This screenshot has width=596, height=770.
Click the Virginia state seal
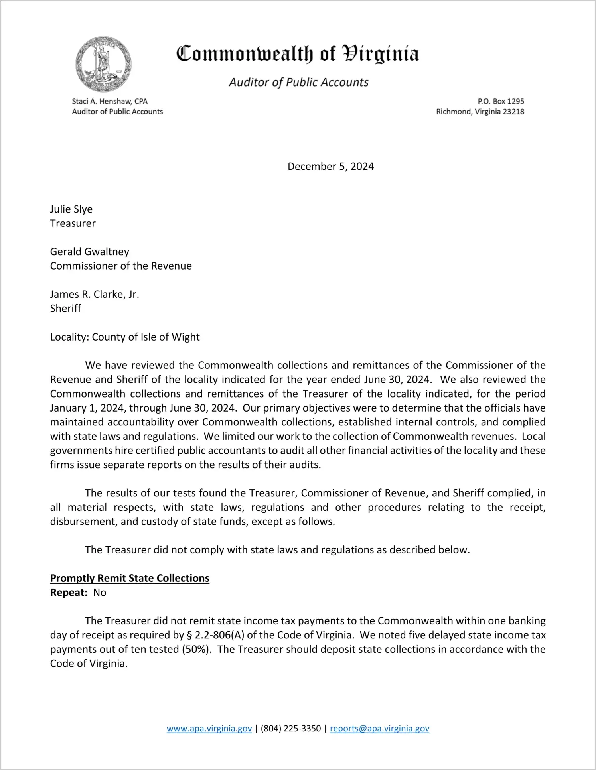tap(103, 64)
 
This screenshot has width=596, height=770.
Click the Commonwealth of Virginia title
tap(298, 54)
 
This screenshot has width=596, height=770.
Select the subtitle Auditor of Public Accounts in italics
tap(298, 82)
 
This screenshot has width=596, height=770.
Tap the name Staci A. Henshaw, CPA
tap(110, 101)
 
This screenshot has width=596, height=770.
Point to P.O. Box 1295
tap(501, 101)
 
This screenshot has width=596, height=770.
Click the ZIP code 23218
tap(513, 112)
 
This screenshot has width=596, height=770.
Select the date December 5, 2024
tap(330, 166)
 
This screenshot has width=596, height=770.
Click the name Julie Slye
tap(71, 209)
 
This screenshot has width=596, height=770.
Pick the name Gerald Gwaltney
tap(90, 252)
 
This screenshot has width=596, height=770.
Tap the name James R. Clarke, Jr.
tap(95, 294)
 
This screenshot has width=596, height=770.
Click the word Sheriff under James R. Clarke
tap(66, 309)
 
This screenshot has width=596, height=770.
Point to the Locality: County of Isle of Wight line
tap(125, 337)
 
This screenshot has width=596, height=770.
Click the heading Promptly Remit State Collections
tap(130, 578)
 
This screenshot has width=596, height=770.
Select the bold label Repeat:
tap(69, 593)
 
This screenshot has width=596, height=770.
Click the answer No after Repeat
tap(100, 593)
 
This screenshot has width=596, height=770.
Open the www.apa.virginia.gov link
tap(209, 729)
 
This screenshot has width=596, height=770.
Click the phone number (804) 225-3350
tap(291, 729)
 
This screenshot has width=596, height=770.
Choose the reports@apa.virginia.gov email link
tap(379, 729)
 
